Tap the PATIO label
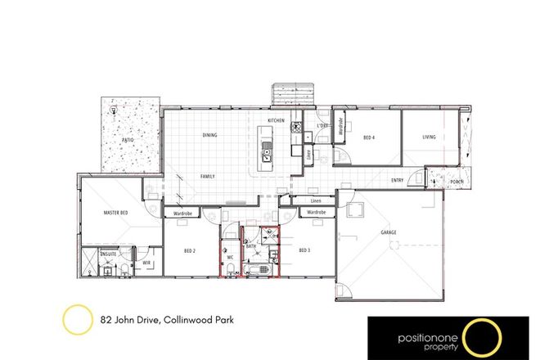127,140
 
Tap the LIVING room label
430,138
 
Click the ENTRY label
397,180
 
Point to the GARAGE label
389,232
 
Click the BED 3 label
304,250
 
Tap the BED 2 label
190,250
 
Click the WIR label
146,263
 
